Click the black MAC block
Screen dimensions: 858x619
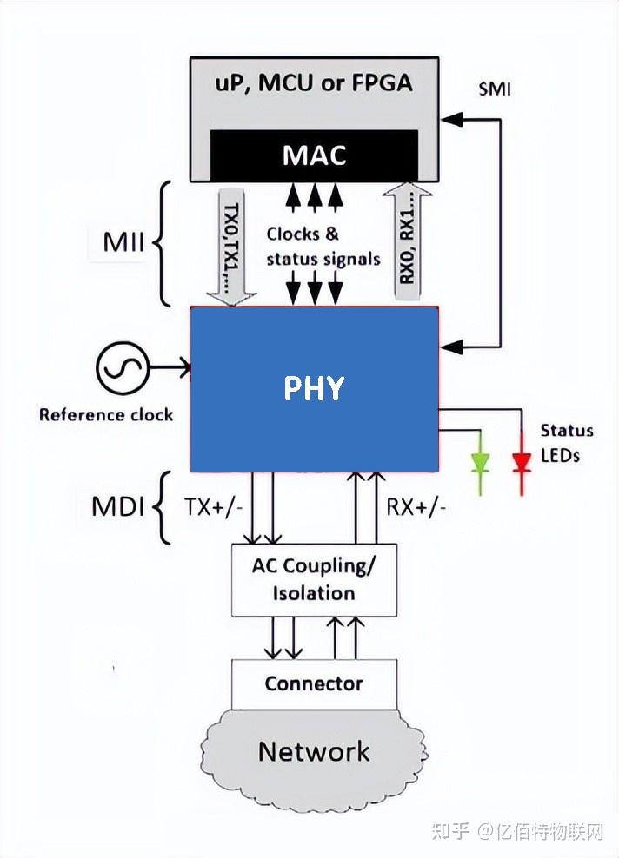pyautogui.click(x=314, y=156)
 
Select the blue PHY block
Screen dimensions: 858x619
pyautogui.click(x=314, y=388)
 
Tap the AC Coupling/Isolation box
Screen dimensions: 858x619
pyautogui.click(x=314, y=579)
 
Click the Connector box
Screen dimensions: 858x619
pyautogui.click(x=314, y=683)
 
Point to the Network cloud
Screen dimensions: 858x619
pyautogui.click(x=314, y=750)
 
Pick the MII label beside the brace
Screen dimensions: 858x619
pyautogui.click(x=123, y=242)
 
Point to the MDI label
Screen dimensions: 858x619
pyautogui.click(x=117, y=507)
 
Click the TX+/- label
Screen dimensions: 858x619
pyautogui.click(x=213, y=507)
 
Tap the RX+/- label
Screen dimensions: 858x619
pyautogui.click(x=416, y=507)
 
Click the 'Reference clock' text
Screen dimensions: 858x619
pyautogui.click(x=106, y=414)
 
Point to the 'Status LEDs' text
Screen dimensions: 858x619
pyautogui.click(x=567, y=442)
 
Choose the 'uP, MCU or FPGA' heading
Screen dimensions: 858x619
pyautogui.click(x=314, y=85)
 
